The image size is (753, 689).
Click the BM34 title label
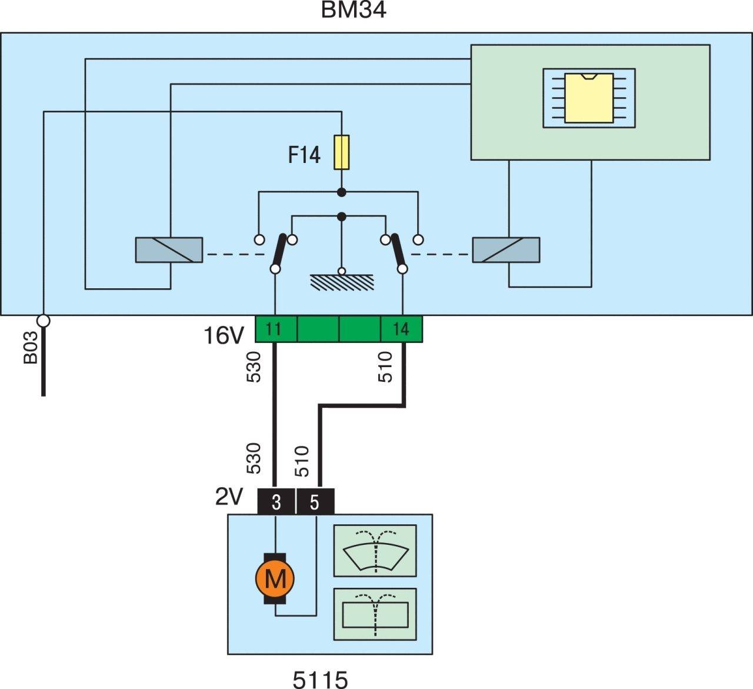coord(353,10)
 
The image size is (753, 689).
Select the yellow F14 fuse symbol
coord(341,152)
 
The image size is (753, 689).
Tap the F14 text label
coord(304,155)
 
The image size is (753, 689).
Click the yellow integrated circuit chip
coord(589,98)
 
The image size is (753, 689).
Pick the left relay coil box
coord(169,249)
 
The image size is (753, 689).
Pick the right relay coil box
coord(506,249)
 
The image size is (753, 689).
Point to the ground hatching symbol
coord(342,282)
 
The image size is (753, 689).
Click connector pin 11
coord(276,329)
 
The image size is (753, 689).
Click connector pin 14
coord(401,329)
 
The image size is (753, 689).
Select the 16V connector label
coord(224,335)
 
